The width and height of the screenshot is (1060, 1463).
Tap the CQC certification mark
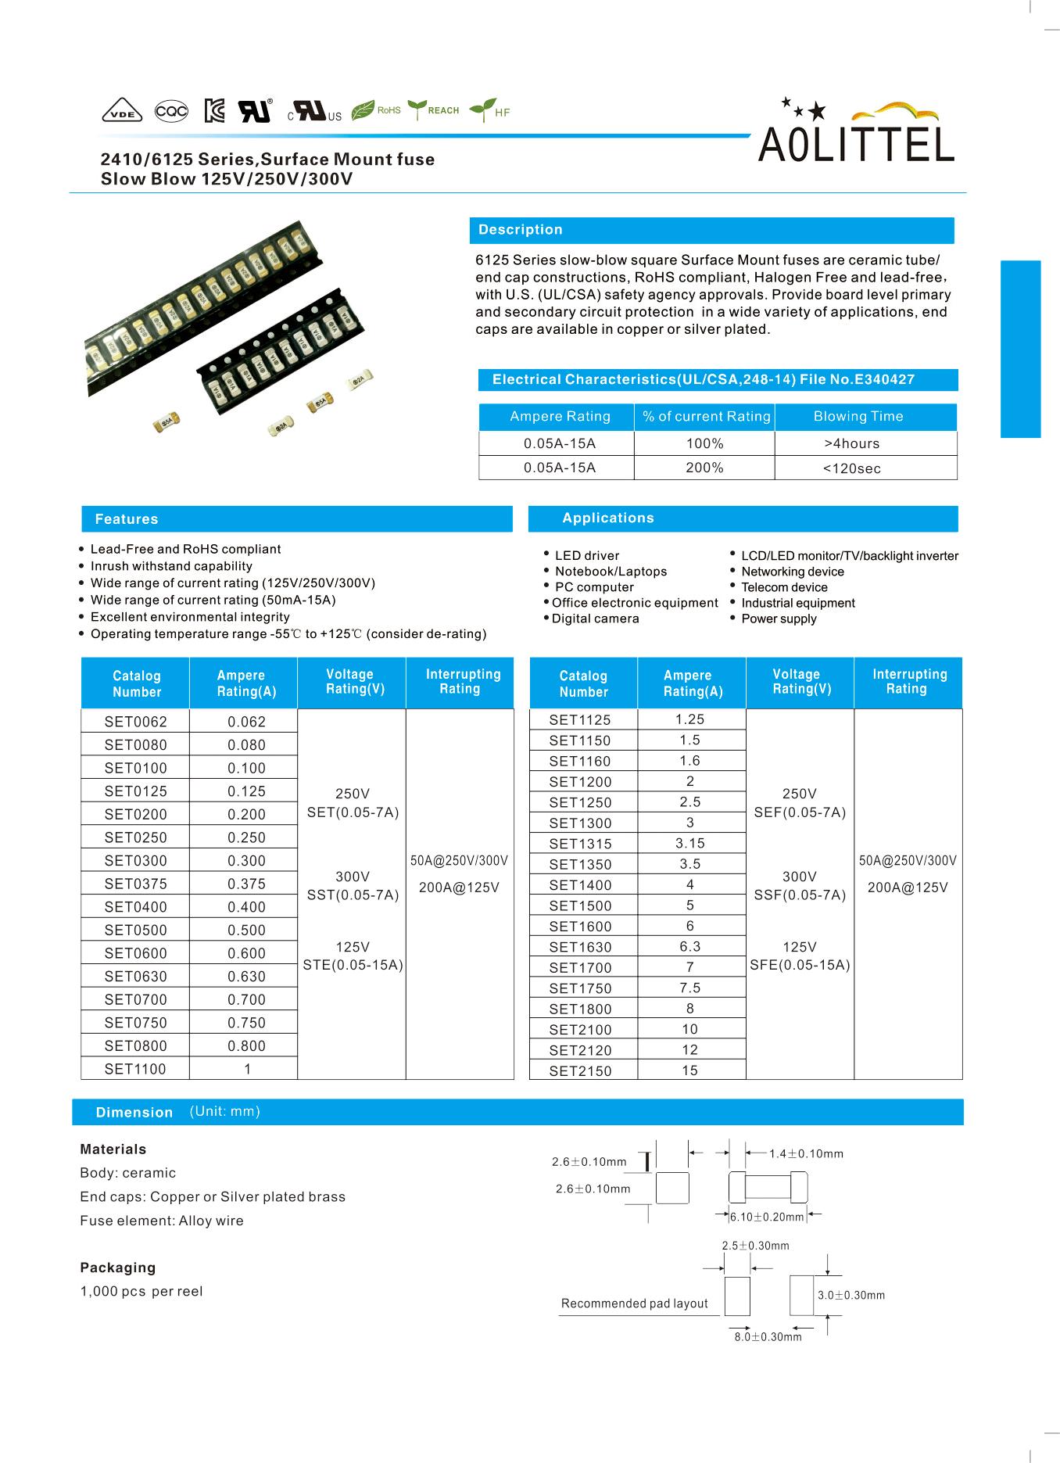click(x=171, y=112)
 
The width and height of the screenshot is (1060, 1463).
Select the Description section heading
click(x=521, y=230)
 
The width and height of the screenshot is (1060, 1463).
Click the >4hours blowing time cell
click(x=851, y=443)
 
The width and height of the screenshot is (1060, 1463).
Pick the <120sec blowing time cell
click(x=851, y=468)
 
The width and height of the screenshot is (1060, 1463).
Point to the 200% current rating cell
click(x=704, y=468)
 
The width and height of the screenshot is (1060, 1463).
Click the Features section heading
click(x=127, y=519)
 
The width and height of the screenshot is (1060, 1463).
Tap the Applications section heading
click(x=607, y=518)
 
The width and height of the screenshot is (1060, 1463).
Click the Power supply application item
click(x=779, y=619)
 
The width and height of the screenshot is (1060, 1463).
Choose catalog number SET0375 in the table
click(x=135, y=884)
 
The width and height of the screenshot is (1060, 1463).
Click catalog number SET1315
click(x=580, y=844)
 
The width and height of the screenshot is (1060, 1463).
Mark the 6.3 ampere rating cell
click(x=689, y=946)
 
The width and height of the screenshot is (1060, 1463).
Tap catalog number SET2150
click(x=580, y=1071)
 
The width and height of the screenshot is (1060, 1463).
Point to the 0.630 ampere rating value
click(x=246, y=977)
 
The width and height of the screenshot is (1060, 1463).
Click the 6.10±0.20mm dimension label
click(x=767, y=1217)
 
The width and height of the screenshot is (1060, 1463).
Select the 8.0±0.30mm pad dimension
click(x=768, y=1336)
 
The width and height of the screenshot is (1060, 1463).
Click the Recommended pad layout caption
click(x=634, y=1303)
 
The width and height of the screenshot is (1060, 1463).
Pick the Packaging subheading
click(x=117, y=1268)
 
